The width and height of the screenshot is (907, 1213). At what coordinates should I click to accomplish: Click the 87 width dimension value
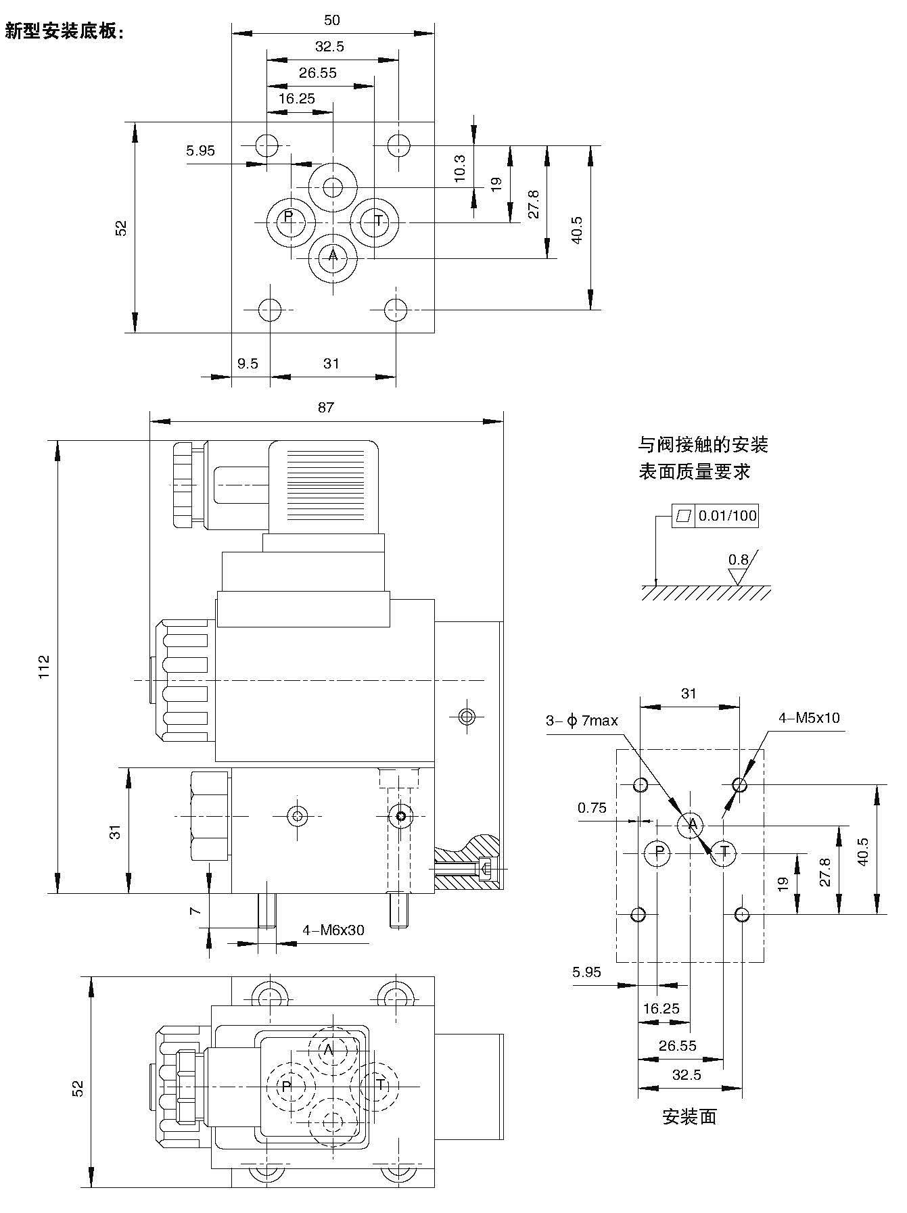pos(326,408)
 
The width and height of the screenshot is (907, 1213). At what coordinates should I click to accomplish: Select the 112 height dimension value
pos(44,666)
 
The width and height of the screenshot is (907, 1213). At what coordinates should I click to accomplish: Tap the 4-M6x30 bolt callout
pos(333,930)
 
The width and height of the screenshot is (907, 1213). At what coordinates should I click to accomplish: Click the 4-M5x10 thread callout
pos(809,718)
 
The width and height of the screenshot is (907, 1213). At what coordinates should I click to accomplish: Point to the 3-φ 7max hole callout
pos(582,721)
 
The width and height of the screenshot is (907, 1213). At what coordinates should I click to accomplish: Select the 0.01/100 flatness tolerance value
pos(727,517)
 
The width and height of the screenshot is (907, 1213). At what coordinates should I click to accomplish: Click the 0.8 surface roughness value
pos(739,560)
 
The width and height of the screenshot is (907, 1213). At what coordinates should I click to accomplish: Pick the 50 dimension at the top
pos(331,20)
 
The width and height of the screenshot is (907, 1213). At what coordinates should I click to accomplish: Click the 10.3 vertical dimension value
pos(459,168)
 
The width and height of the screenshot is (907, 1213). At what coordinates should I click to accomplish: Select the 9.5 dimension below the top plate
pos(248,364)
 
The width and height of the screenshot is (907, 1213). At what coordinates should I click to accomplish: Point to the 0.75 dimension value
pos(592,807)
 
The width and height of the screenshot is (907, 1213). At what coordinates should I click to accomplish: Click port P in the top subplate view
pos(288,217)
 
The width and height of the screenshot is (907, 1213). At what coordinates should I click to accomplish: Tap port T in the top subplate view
pos(379,220)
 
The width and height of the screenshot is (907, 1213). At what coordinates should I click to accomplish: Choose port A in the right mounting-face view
pos(692,824)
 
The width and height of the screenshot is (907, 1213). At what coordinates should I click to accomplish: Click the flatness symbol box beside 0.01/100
pos(684,517)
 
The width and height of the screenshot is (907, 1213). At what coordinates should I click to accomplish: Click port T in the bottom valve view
pos(380,1085)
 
